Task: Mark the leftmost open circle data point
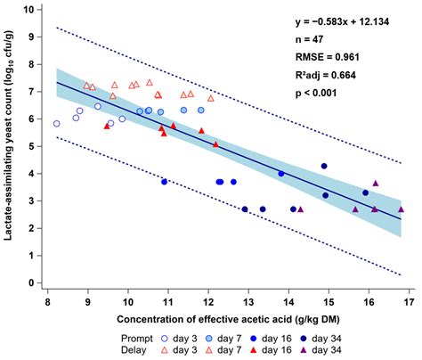tap(57, 124)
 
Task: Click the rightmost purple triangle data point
tap(402, 209)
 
